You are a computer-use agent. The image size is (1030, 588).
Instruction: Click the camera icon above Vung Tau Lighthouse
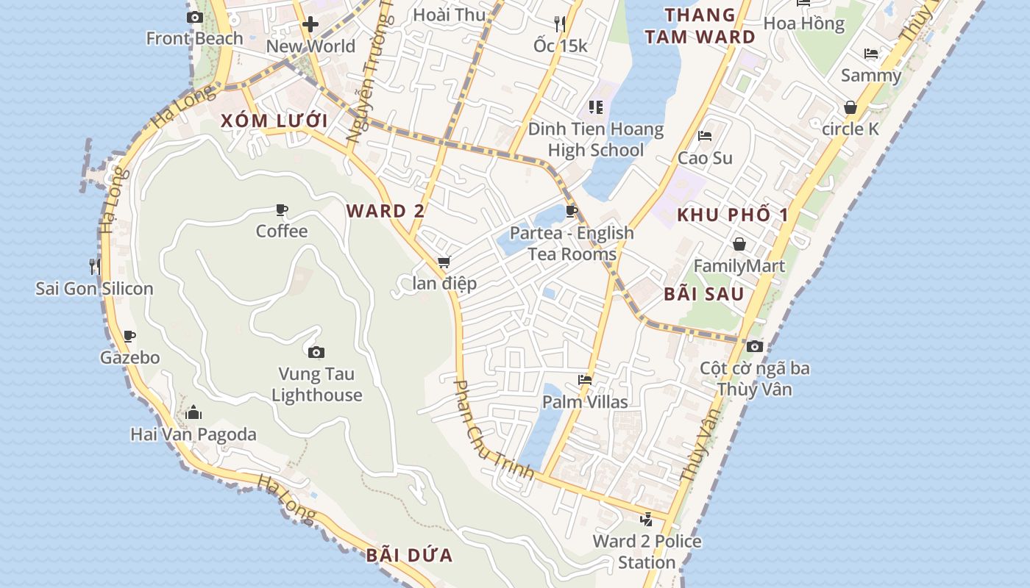coord(316,353)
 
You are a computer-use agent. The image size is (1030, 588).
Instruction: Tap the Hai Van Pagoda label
coord(193,434)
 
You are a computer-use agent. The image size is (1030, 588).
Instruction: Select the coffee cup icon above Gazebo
coord(129,337)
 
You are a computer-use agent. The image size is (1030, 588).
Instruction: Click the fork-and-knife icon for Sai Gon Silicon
coord(95,265)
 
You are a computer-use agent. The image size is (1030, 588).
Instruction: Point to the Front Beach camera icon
coord(195,17)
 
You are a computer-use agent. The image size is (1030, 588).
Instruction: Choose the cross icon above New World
coord(310,24)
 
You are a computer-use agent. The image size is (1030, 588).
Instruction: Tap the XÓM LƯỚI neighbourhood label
coord(274,121)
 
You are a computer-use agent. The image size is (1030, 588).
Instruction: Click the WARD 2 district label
coord(386,212)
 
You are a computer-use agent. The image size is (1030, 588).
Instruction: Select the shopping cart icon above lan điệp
coord(444,262)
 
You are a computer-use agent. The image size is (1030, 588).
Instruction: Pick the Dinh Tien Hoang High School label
coord(596,140)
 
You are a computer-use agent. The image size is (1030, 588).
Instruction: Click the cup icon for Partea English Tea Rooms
coord(572,212)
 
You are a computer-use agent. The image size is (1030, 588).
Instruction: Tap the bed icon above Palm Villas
coord(585,380)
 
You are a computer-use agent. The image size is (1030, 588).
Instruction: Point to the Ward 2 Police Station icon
coord(646,520)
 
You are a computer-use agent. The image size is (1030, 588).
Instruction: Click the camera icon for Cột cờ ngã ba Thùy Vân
coord(754,346)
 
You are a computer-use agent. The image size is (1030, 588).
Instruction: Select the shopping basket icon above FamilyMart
coord(739,244)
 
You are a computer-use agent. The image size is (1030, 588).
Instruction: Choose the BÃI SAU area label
coord(704,294)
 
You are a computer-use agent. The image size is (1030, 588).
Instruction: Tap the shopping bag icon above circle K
coord(850,107)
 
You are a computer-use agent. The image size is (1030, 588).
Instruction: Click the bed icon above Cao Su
coord(705,136)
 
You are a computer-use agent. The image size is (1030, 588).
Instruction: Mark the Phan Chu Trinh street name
coord(493,430)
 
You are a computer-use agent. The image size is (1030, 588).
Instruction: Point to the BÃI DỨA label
coord(409,555)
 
